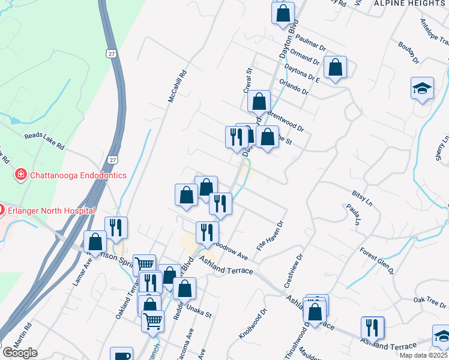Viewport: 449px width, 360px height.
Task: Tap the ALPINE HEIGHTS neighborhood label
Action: pos(409,4)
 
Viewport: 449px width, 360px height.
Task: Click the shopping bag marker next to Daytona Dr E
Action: pos(336,67)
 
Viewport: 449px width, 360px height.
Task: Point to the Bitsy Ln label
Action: pos(363,199)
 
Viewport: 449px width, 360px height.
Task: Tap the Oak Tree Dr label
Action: pos(427,300)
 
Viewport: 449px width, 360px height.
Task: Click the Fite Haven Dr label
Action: pos(270,236)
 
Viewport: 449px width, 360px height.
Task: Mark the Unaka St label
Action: pos(200,313)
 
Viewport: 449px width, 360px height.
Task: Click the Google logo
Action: pos(20,353)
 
